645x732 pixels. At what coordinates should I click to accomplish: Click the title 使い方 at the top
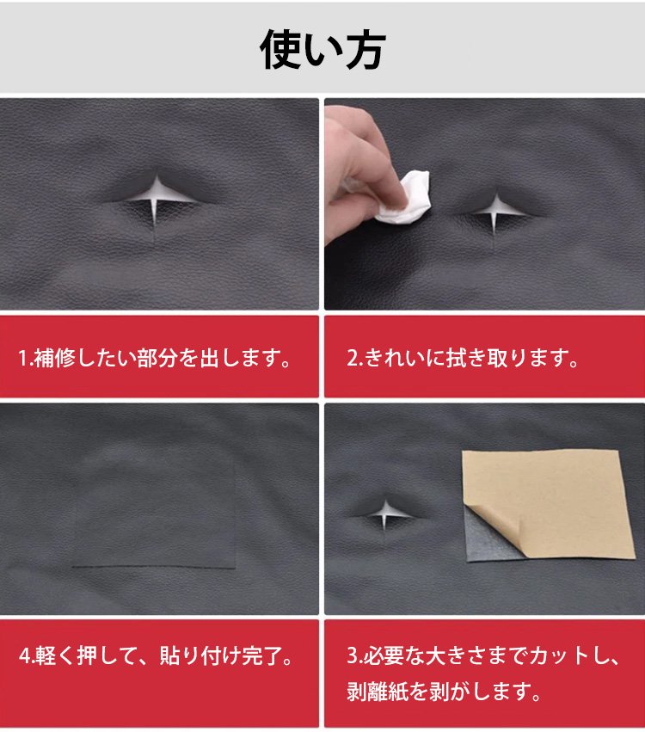(322, 50)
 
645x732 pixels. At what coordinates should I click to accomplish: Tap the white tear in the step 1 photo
(157, 200)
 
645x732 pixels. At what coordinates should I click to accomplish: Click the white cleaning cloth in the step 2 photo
(403, 198)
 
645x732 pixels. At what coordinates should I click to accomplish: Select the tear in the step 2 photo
(494, 212)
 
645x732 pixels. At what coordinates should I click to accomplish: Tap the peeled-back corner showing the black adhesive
(490, 537)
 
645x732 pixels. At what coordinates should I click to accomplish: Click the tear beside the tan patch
(385, 515)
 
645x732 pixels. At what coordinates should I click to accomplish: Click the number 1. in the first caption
(26, 358)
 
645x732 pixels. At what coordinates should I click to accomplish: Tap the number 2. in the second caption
(354, 358)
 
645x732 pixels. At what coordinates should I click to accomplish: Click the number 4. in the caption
(27, 655)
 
